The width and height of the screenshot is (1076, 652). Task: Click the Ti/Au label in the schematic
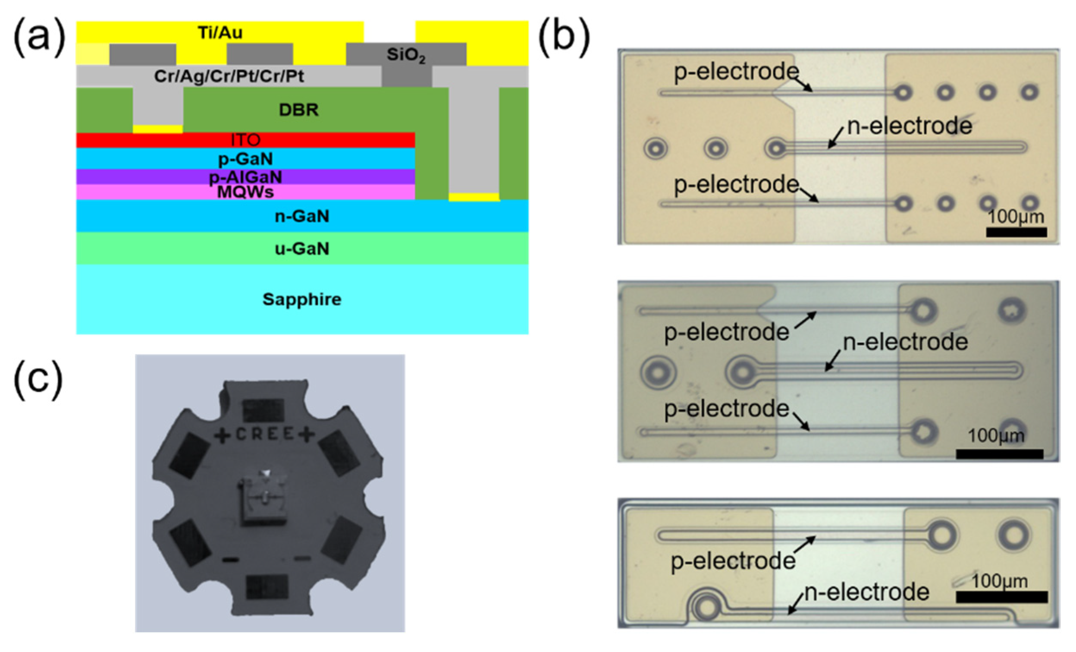pyautogui.click(x=220, y=33)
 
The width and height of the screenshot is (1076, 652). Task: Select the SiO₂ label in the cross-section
pyautogui.click(x=406, y=55)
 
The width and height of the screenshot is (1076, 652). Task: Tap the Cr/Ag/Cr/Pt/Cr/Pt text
pyautogui.click(x=229, y=76)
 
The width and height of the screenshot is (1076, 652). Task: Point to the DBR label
pyautogui.click(x=299, y=110)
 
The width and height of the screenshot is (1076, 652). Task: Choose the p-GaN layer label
pyautogui.click(x=245, y=159)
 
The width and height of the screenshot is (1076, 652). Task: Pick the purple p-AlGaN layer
pyautogui.click(x=245, y=177)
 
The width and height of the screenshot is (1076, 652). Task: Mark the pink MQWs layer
pyautogui.click(x=245, y=192)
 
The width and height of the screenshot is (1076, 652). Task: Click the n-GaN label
pyautogui.click(x=302, y=216)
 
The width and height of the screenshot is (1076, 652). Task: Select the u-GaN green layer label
pyautogui.click(x=302, y=248)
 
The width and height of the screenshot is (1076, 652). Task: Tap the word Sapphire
pyautogui.click(x=302, y=299)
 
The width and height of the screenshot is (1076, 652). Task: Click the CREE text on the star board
pyautogui.click(x=265, y=434)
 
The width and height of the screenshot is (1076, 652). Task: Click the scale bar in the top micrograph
pyautogui.click(x=1016, y=232)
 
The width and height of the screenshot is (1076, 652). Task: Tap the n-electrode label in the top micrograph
pyautogui.click(x=909, y=126)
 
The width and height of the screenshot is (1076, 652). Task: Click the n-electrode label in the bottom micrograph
pyautogui.click(x=866, y=592)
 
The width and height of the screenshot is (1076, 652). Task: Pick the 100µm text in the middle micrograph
pyautogui.click(x=996, y=436)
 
